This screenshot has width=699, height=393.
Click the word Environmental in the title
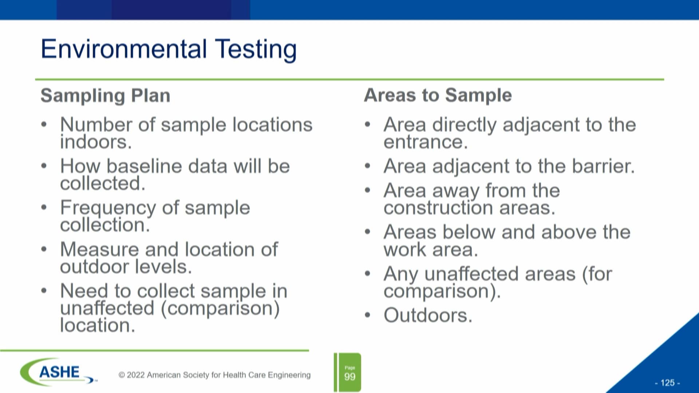coord(124,49)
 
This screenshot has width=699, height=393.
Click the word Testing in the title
coord(256,50)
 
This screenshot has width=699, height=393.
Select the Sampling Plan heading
coord(105,96)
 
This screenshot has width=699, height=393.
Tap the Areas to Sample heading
coord(438,95)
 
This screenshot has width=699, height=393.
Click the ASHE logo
coord(58,372)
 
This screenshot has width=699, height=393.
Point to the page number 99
coord(349,377)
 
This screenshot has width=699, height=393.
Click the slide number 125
coord(667,383)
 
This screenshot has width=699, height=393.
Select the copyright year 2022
coord(136,375)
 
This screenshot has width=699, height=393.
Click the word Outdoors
coord(427,315)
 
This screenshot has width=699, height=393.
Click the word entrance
coord(425,142)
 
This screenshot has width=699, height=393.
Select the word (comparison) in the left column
coord(220,309)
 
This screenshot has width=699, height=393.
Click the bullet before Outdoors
coord(368,315)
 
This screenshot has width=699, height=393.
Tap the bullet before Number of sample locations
coord(44,124)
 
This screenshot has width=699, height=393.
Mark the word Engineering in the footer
coord(289,375)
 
